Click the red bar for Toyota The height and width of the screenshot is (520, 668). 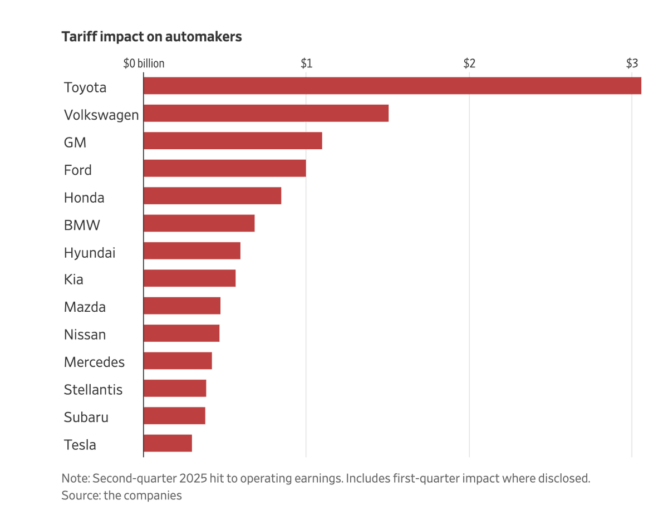(x=392, y=86)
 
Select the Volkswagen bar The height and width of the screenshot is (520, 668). (x=266, y=113)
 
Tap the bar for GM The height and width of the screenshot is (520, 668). (x=233, y=141)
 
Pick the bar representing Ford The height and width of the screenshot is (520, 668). (x=224, y=168)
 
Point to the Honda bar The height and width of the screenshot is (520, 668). (x=212, y=196)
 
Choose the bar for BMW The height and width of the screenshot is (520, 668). (x=199, y=223)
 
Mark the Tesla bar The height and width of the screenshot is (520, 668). (x=168, y=443)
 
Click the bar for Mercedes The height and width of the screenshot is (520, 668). (x=178, y=361)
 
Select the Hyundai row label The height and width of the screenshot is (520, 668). (x=90, y=253)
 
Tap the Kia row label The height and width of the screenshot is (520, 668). (x=73, y=279)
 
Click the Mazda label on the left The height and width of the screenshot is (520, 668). (x=85, y=307)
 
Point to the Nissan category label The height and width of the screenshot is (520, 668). (x=85, y=335)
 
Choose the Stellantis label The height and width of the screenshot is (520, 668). (x=93, y=390)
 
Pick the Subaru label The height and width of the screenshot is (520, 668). (x=86, y=417)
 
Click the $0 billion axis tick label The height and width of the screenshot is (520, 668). (x=144, y=63)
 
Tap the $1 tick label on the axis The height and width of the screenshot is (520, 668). (x=306, y=63)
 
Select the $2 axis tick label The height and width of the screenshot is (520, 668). (x=469, y=63)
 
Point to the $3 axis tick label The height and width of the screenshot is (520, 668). (x=631, y=63)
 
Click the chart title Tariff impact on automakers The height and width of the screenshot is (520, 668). (x=151, y=37)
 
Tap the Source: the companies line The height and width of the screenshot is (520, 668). (x=121, y=495)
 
